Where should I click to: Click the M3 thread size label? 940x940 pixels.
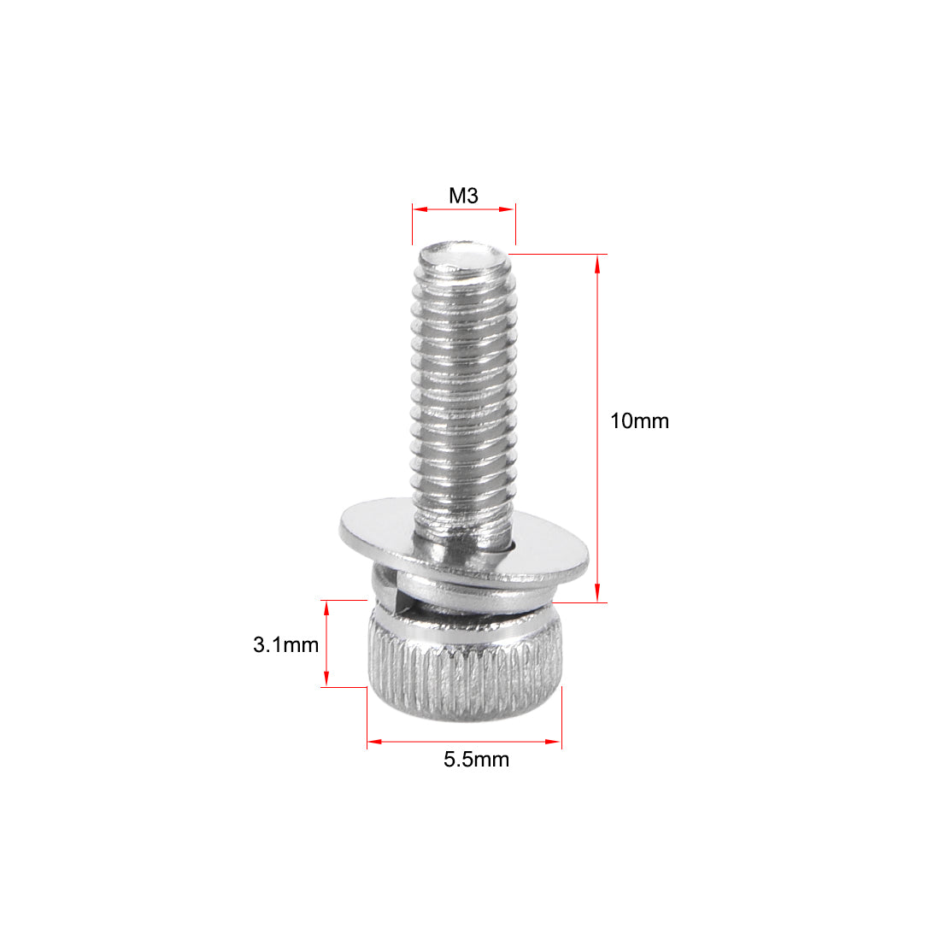click(x=463, y=196)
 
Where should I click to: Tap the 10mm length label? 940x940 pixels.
click(x=639, y=420)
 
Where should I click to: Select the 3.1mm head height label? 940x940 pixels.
click(x=285, y=644)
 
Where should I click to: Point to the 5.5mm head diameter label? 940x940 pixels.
click(x=476, y=759)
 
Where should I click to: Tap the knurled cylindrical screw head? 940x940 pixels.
click(x=465, y=675)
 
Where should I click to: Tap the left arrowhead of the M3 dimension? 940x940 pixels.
click(x=418, y=208)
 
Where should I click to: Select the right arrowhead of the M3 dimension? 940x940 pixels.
click(x=510, y=208)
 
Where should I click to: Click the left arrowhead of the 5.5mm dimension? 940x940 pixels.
click(x=373, y=742)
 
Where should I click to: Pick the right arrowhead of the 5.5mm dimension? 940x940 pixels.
click(x=555, y=742)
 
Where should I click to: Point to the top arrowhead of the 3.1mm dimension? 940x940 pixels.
click(x=326, y=608)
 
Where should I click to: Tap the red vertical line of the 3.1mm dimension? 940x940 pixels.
click(x=326, y=643)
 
